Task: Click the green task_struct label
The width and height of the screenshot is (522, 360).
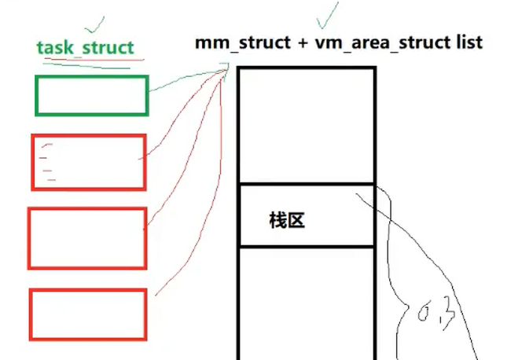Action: (85, 47)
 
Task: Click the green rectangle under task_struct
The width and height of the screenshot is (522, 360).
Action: (91, 96)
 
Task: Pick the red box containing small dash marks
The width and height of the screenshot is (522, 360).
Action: (89, 162)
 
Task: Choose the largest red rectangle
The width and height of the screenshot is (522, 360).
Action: (87, 237)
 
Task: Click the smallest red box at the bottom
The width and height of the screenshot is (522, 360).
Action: (89, 314)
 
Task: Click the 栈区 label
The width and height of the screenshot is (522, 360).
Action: (285, 220)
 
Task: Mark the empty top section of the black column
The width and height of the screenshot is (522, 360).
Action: (306, 126)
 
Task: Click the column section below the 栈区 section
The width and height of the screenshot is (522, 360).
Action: (306, 303)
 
